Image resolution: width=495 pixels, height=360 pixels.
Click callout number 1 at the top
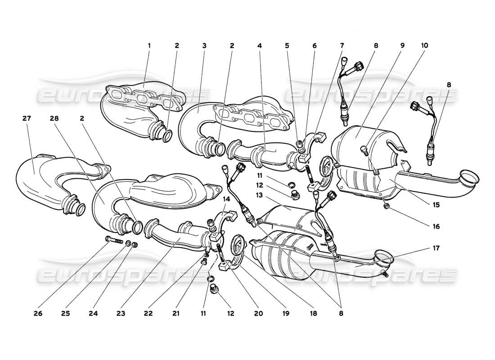pos(149,45)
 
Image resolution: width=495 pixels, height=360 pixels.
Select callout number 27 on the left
pos(27,119)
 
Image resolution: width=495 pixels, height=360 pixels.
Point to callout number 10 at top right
pos(425,45)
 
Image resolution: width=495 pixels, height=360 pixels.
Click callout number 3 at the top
pos(204,45)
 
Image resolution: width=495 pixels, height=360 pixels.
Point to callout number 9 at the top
pos(402,45)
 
